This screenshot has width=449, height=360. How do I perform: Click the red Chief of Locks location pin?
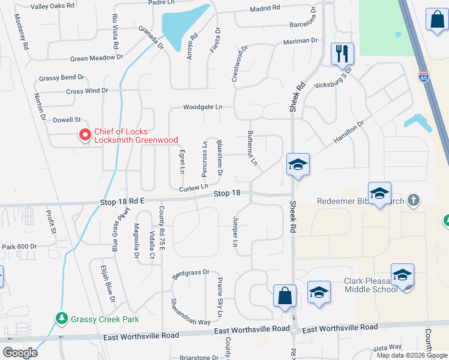point(85,136)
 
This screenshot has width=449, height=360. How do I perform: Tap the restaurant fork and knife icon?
point(342,53)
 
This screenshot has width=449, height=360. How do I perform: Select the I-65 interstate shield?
point(423,76)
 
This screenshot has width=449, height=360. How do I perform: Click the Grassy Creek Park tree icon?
point(61,318)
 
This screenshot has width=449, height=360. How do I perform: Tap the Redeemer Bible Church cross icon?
point(413,200)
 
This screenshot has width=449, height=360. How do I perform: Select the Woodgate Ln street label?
point(203,107)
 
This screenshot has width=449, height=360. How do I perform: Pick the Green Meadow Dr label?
point(96,58)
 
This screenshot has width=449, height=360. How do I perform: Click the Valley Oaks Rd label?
point(53,6)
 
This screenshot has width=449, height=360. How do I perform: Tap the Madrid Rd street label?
point(265,8)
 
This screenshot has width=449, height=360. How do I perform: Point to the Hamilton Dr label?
point(349,132)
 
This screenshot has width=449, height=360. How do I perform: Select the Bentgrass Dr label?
point(190,274)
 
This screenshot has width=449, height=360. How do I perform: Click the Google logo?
point(20,352)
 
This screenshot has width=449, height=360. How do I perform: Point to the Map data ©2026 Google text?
point(412,355)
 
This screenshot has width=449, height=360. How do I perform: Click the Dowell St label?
point(66,121)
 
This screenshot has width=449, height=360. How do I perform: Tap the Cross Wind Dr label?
point(87,91)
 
